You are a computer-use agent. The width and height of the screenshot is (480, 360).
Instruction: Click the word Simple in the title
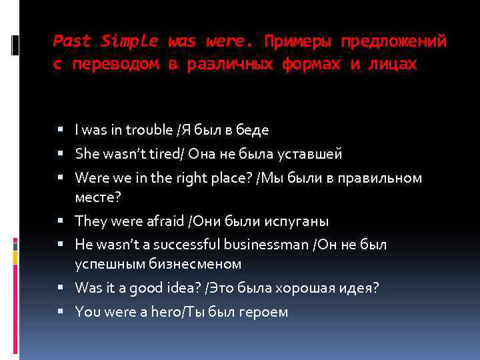(130, 41)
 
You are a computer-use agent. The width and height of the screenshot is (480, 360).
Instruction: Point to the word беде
(251, 130)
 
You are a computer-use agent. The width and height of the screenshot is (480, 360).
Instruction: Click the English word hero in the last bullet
(165, 311)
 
